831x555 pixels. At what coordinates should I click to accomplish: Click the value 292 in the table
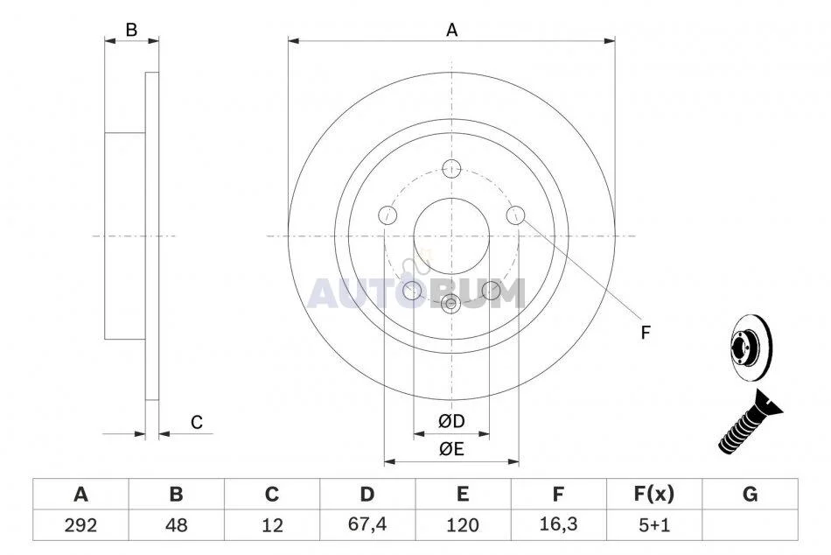tap(80, 525)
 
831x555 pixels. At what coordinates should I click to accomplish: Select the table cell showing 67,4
tap(367, 524)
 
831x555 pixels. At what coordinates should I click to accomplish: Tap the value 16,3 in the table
tap(558, 524)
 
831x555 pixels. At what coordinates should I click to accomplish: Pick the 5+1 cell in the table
tap(654, 525)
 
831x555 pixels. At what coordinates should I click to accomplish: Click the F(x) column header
tap(654, 494)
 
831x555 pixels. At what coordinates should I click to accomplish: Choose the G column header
tap(750, 494)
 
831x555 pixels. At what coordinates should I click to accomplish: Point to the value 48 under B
tap(176, 525)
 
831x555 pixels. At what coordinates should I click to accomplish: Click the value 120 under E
tap(463, 525)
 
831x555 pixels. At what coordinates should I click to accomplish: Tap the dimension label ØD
tap(451, 421)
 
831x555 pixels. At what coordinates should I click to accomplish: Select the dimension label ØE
tap(451, 449)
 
